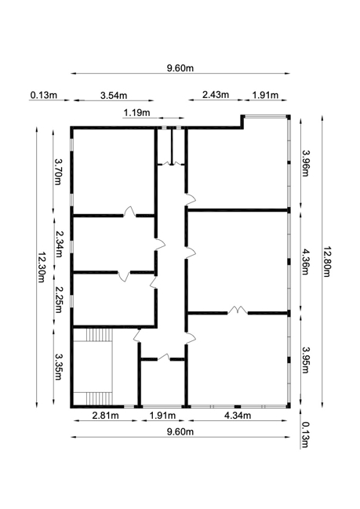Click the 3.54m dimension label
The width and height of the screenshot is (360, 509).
pyautogui.click(x=114, y=96)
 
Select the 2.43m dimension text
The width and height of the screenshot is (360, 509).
pyautogui.click(x=216, y=95)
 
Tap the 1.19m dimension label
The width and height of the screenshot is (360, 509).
pyautogui.click(x=136, y=113)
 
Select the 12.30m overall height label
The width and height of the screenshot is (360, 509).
pyautogui.click(x=42, y=267)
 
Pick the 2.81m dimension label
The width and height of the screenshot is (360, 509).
pyautogui.click(x=106, y=415)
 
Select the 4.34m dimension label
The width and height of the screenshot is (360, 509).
pyautogui.click(x=238, y=415)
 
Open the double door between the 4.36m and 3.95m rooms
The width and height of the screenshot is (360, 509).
pyautogui.click(x=238, y=310)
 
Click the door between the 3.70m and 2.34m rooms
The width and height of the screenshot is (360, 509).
pyautogui.click(x=129, y=212)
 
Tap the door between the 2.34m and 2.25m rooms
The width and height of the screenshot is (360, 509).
pyautogui.click(x=124, y=276)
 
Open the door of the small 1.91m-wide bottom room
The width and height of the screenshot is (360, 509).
pyautogui.click(x=164, y=357)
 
